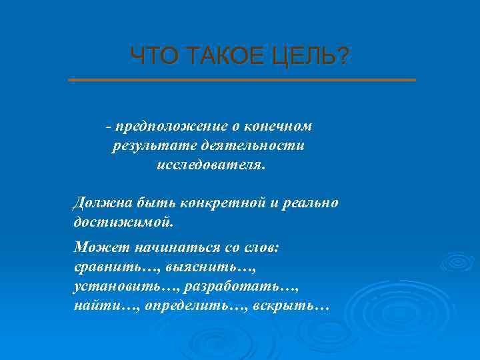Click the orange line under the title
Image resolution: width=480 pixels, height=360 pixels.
(x=242, y=80)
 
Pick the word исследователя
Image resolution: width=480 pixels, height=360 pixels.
(x=211, y=165)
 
